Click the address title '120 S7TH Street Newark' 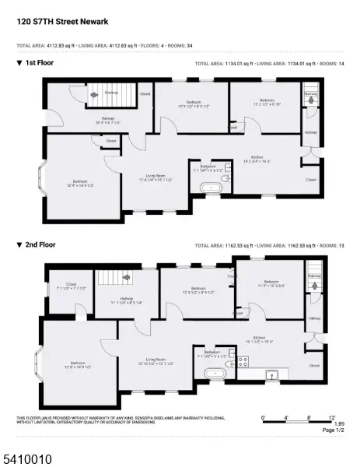pos(67,23)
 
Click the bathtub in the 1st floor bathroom pos(211,187)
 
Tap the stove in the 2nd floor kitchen pos(242,360)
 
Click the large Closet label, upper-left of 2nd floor pos(72,285)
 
